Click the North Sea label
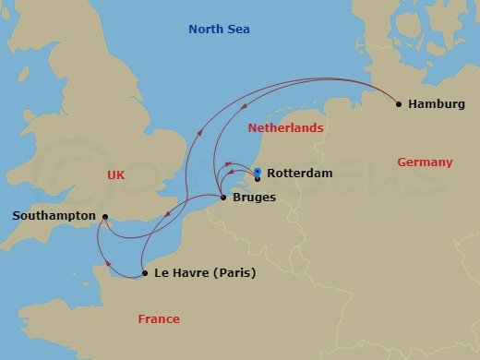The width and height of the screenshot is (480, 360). click(x=219, y=30)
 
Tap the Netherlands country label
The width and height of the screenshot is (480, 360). click(x=284, y=128)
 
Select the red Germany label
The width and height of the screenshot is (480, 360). click(x=425, y=162)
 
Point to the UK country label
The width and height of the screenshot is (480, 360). click(x=115, y=174)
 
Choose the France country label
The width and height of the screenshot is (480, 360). click(x=158, y=319)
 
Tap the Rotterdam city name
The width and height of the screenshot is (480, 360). click(x=299, y=174)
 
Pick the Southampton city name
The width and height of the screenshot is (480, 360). click(x=54, y=216)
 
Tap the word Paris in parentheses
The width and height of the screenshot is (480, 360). click(x=234, y=273)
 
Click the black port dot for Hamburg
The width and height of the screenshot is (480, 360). click(x=399, y=104)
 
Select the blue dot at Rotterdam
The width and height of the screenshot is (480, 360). click(x=258, y=172)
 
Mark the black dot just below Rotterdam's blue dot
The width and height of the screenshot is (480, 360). click(x=258, y=178)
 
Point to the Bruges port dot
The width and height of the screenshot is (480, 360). click(x=224, y=198)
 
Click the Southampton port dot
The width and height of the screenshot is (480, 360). click(x=105, y=217)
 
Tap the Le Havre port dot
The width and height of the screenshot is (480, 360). click(x=145, y=273)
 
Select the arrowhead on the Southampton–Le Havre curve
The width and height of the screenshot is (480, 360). click(x=99, y=242)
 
